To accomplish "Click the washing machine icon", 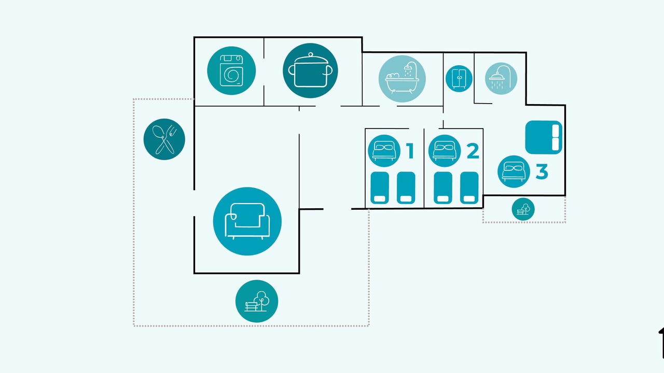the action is click(231, 70).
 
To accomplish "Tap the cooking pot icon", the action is click(310, 70).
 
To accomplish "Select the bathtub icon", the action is click(402, 79).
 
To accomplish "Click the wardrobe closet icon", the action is click(459, 78).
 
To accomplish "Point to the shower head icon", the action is click(501, 78).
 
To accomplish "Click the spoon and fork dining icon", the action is click(164, 139).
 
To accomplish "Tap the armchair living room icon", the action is click(247, 221).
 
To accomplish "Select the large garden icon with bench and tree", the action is click(257, 301).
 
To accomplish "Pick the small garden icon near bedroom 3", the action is click(523, 209).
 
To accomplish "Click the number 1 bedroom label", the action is click(410, 151).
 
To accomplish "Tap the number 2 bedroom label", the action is click(473, 151).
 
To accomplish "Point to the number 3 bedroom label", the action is click(542, 171).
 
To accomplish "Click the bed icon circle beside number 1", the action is click(384, 151).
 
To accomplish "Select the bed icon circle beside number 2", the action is click(445, 151).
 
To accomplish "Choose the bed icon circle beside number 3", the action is click(514, 171).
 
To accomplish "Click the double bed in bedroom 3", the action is click(544, 137).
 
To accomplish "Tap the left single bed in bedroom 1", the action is click(380, 188).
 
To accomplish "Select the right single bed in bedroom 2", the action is click(469, 188).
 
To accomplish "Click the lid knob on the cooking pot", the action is click(310, 54).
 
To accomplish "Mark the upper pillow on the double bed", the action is click(556, 130).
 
